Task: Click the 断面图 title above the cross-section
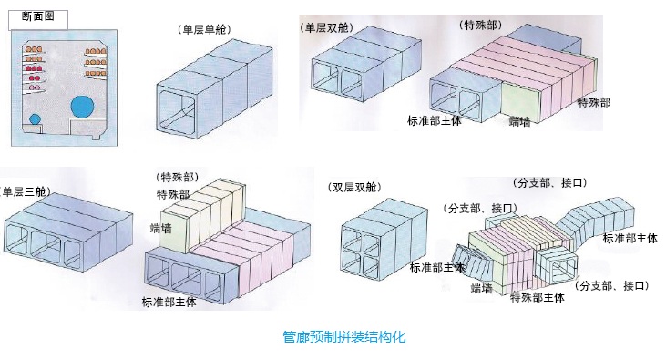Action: tap(38, 16)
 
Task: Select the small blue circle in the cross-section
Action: tap(36, 119)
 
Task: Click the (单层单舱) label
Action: tap(204, 30)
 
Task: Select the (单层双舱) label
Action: tap(326, 28)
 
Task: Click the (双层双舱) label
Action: tap(354, 188)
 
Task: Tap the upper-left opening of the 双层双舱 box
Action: tap(353, 239)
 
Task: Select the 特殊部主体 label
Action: tap(537, 297)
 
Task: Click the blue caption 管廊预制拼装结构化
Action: tap(344, 337)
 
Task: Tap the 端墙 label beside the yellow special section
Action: tap(161, 228)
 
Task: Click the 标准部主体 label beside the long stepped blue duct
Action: tap(630, 238)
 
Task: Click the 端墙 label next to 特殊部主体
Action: tap(482, 289)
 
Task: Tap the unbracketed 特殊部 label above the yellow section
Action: tap(173, 195)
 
